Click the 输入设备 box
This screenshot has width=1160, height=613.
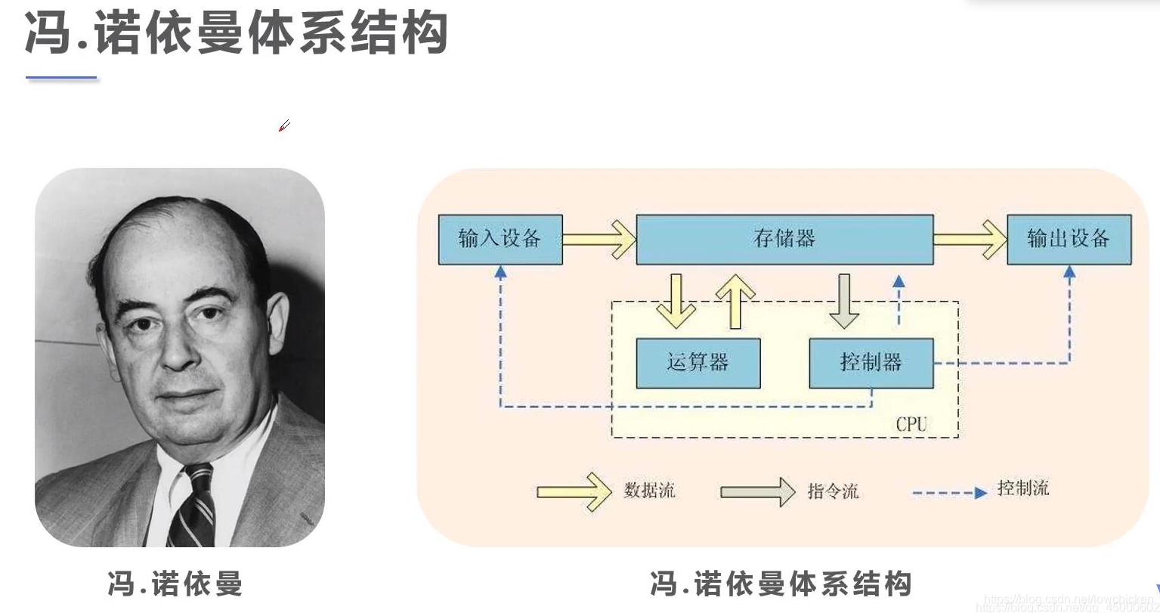(500, 240)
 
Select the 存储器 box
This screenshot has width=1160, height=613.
(784, 240)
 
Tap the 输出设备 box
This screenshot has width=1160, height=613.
(1069, 240)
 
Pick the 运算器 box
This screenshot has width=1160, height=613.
(698, 364)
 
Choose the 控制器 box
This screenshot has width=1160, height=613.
(871, 364)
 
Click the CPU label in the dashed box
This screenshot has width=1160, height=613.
(911, 424)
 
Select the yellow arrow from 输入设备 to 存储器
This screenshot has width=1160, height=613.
(599, 240)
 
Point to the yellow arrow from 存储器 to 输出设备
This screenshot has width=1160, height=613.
(970, 240)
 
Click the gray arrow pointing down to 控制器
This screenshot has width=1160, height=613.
(843, 301)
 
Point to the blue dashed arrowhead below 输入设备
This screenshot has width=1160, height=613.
(500, 272)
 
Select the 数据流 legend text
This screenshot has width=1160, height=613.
(649, 491)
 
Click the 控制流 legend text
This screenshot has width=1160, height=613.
(1022, 488)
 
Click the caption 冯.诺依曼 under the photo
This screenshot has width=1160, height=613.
(175, 584)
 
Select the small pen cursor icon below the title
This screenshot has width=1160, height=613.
(284, 125)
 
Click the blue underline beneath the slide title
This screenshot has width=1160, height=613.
(61, 77)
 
